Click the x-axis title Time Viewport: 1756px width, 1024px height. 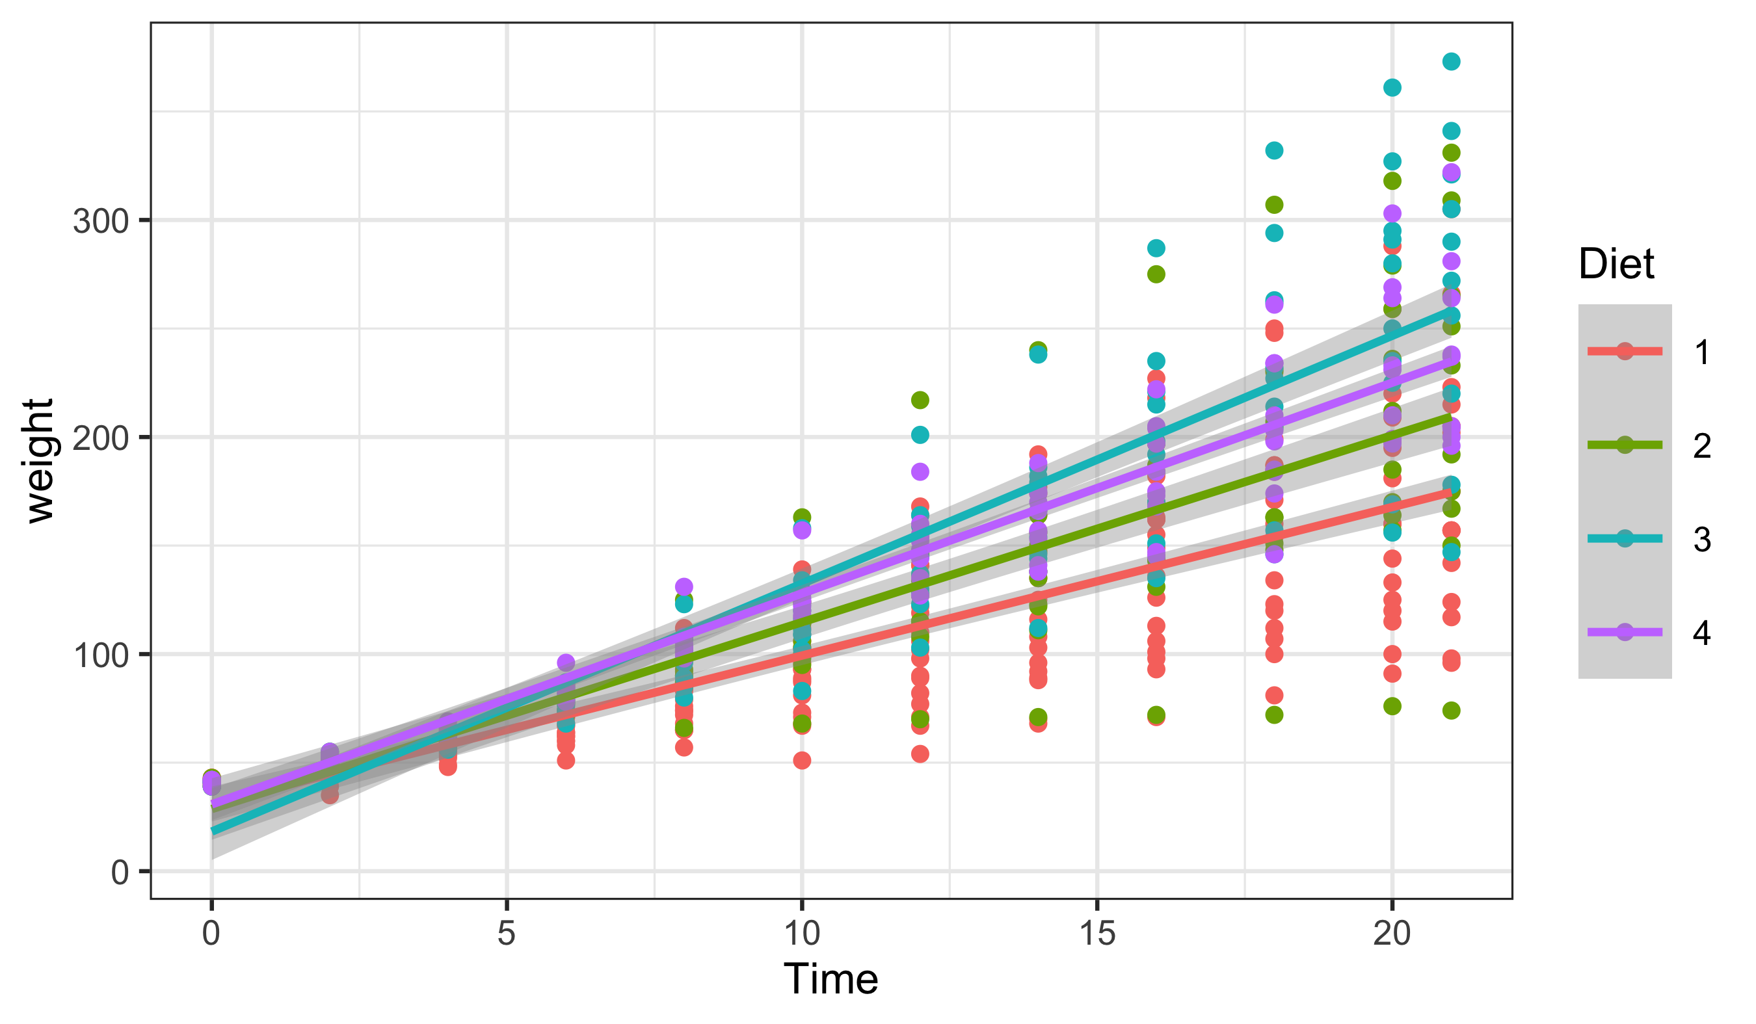click(831, 978)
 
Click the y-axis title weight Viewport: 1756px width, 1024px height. click(40, 460)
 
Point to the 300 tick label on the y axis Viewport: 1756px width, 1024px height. click(101, 222)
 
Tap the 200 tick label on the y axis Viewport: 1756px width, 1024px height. click(101, 439)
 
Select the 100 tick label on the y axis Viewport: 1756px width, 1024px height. click(101, 655)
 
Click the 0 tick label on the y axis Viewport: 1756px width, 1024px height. click(120, 873)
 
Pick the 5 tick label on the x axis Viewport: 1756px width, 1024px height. click(507, 934)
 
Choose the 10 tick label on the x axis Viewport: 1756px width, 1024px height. click(802, 934)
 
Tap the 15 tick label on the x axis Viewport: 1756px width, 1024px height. click(1098, 934)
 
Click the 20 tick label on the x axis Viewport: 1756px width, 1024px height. click(1392, 934)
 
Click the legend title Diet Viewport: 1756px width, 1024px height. click(1616, 264)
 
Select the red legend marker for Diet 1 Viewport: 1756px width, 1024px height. click(1625, 351)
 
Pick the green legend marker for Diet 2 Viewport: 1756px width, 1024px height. click(1625, 445)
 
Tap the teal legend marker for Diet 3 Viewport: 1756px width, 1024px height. click(1625, 538)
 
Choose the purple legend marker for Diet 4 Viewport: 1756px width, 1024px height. click(1625, 632)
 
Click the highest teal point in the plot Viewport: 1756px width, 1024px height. click(1452, 61)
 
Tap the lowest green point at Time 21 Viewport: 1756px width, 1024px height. click(1452, 711)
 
